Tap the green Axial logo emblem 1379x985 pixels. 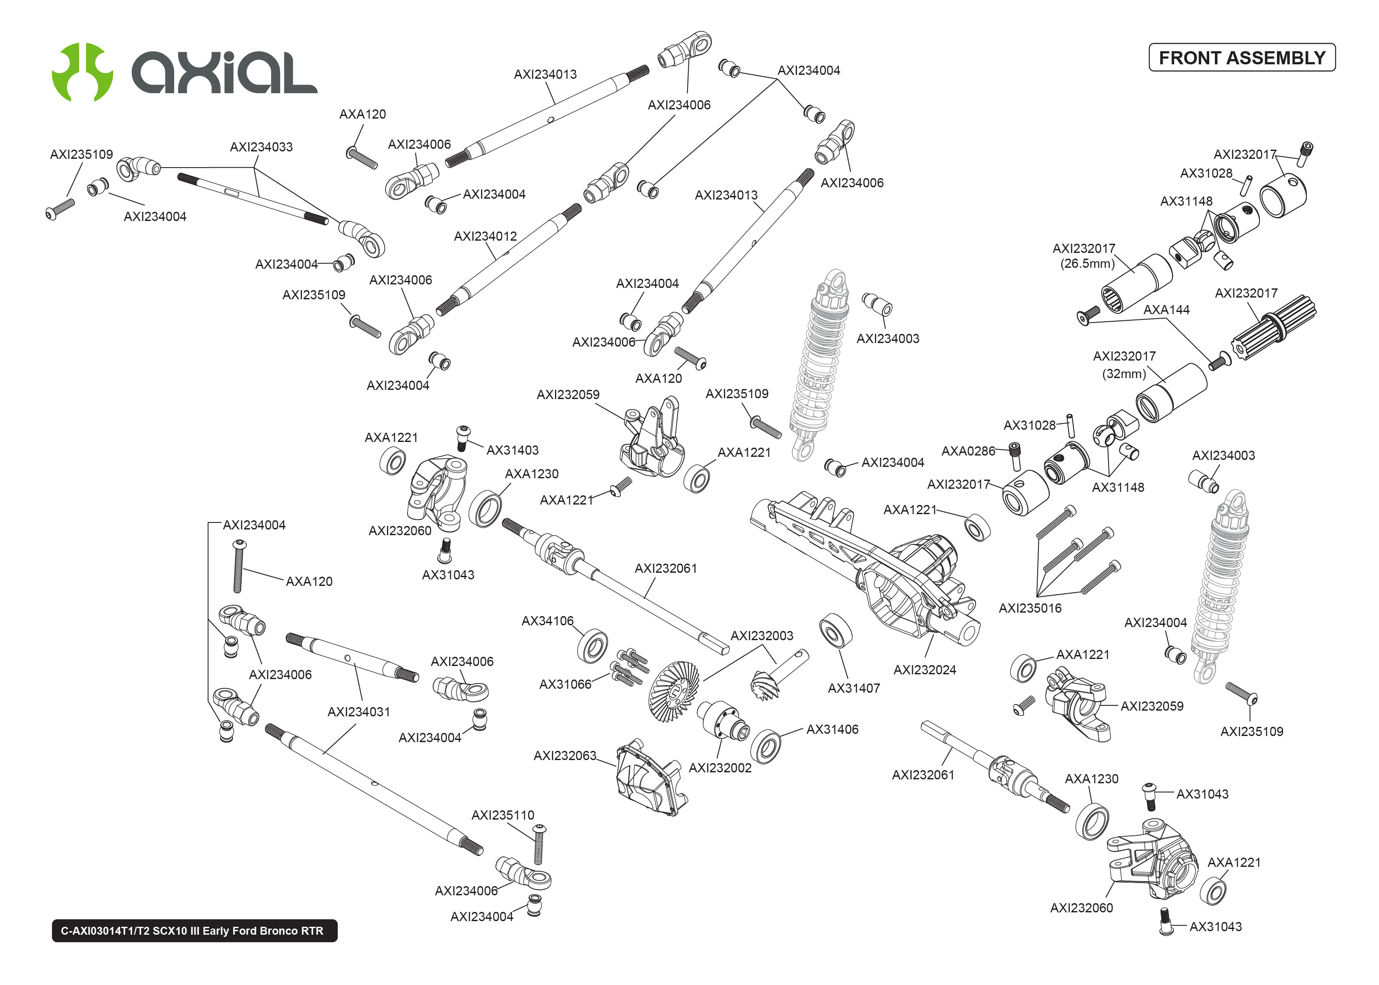click(82, 72)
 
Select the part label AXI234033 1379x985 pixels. click(261, 147)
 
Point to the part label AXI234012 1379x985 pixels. click(485, 236)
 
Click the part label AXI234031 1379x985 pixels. click(358, 712)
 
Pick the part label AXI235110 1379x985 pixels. click(503, 815)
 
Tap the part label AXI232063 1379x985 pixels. click(565, 755)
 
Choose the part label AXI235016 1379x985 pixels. click(1030, 608)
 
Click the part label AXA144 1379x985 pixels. click(1166, 310)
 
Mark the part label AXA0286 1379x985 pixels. click(968, 451)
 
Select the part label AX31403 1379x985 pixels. click(512, 450)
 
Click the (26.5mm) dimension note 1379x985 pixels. click(1087, 264)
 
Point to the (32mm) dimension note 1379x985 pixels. click(1124, 374)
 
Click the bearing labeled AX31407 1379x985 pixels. click(835, 631)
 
